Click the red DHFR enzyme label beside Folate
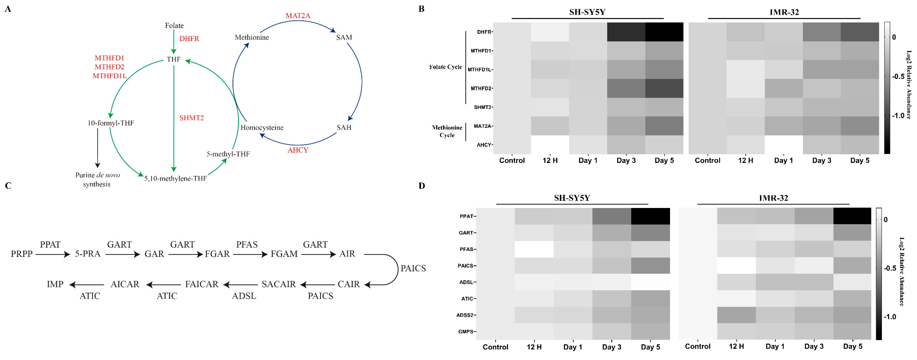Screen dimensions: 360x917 point(189,39)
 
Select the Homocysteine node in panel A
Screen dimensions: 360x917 point(262,127)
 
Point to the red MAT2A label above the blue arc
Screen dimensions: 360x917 point(298,16)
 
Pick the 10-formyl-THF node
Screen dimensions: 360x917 point(111,123)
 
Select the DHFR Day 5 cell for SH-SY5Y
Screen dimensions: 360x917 point(664,32)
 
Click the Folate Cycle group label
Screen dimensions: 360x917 point(445,67)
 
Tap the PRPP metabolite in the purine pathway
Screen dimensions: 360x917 point(22,254)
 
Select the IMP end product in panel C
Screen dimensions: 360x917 point(55,284)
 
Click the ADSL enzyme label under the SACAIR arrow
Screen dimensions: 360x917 point(244,296)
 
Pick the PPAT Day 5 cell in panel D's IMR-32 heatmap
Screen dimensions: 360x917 point(852,216)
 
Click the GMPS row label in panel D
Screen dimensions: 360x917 point(465,331)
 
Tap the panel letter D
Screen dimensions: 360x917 point(422,186)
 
